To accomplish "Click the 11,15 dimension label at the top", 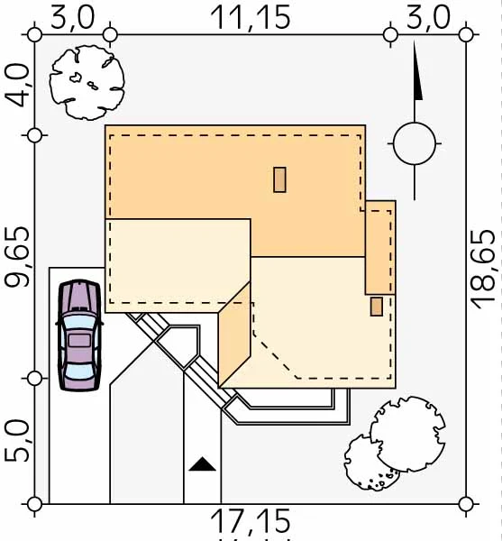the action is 251,18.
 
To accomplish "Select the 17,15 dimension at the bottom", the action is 251,521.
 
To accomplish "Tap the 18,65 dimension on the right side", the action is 484,269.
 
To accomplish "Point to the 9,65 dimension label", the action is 17,257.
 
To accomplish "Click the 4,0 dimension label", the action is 17,86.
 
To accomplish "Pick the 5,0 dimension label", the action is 17,441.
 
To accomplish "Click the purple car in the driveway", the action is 79,335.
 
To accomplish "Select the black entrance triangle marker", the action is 203,464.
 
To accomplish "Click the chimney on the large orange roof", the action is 279,179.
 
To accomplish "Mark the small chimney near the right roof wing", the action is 377,307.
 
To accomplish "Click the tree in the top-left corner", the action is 87,83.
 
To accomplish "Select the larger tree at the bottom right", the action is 408,434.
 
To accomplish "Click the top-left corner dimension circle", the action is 34,35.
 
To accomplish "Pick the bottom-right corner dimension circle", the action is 466,504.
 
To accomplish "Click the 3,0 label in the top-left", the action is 72,18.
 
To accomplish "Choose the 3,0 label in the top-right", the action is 428,18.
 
